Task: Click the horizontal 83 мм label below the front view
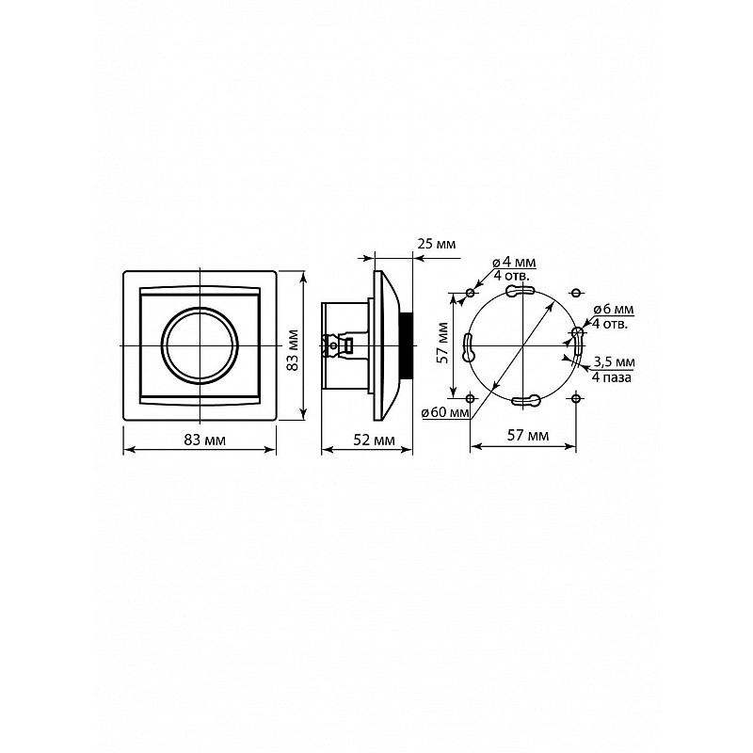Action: pyautogui.click(x=204, y=440)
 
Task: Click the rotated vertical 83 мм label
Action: pyautogui.click(x=293, y=350)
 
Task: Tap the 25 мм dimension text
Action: pyautogui.click(x=437, y=244)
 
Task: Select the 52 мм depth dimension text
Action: pyautogui.click(x=374, y=440)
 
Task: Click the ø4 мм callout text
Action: pyautogui.click(x=514, y=263)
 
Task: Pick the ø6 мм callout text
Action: pyautogui.click(x=613, y=310)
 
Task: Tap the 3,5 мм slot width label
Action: pyautogui.click(x=614, y=361)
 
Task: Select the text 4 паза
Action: pyautogui.click(x=611, y=377)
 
